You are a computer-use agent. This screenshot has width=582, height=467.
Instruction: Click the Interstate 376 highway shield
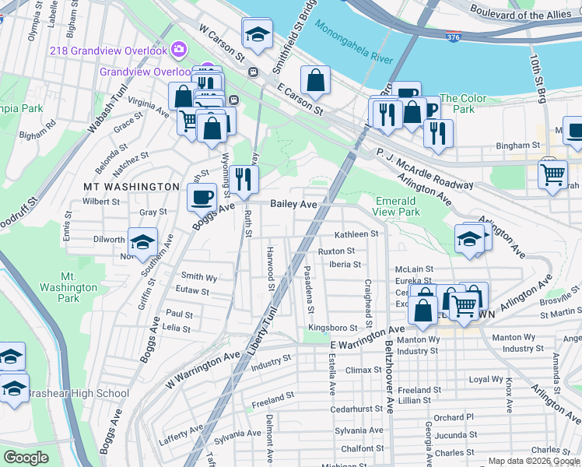(454, 36)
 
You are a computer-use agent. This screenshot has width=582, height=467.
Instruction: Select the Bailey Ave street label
(293, 204)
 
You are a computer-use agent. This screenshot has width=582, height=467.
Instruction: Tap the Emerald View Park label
(397, 205)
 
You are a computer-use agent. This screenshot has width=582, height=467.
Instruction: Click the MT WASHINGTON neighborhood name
(131, 187)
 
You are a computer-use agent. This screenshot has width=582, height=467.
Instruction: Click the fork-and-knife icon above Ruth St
(244, 179)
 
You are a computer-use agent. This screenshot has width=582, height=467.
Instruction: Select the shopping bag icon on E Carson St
(316, 79)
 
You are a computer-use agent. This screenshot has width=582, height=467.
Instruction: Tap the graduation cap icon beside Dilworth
(143, 242)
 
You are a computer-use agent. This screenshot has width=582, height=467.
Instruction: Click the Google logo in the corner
(26, 457)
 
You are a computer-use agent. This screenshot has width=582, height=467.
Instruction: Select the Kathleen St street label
(356, 233)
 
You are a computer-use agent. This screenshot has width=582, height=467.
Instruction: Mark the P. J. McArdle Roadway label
(425, 169)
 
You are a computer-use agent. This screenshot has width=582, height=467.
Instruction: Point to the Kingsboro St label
(331, 328)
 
